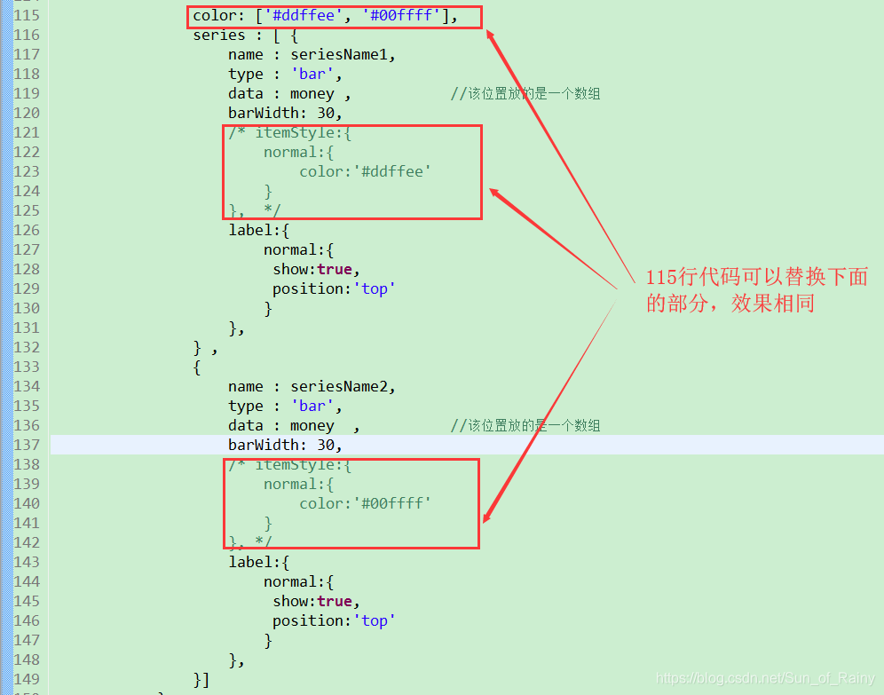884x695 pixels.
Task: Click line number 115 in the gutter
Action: click(27, 16)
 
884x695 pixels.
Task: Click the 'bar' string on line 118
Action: click(312, 75)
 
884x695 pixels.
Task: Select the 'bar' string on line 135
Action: click(312, 407)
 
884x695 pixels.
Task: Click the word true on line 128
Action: click(335, 270)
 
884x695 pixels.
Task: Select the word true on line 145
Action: click(335, 602)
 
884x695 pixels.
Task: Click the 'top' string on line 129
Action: click(374, 289)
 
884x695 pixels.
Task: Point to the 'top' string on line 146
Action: click(374, 621)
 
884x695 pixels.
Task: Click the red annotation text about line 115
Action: click(755, 290)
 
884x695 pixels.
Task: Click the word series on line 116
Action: click(218, 36)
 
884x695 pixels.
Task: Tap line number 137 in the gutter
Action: click(27, 446)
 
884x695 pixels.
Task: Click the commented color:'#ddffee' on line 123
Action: click(365, 172)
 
